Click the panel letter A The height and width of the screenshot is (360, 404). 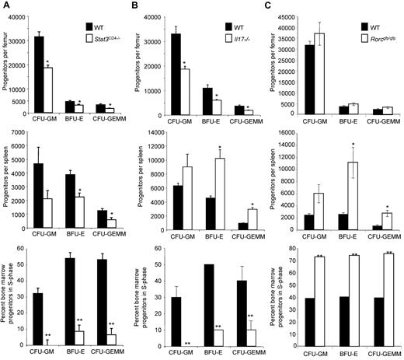click(5, 6)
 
